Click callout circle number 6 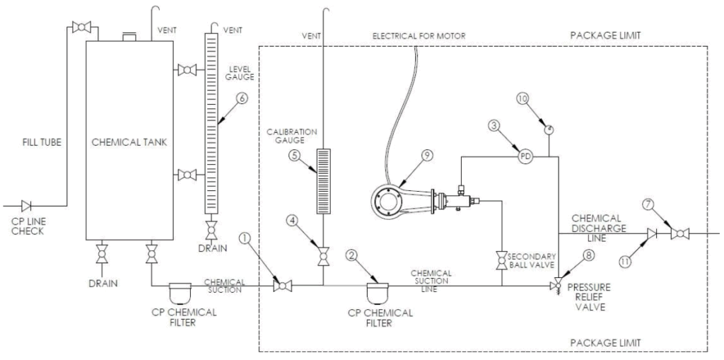(x=240, y=98)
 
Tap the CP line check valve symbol (x=26, y=206)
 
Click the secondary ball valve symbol (x=501, y=261)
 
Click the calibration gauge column (x=324, y=181)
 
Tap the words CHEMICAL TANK (x=129, y=142)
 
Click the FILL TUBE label (x=42, y=142)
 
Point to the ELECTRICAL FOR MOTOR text (x=419, y=35)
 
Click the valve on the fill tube (x=81, y=28)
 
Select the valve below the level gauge (x=211, y=229)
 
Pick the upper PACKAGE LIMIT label (x=605, y=35)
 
